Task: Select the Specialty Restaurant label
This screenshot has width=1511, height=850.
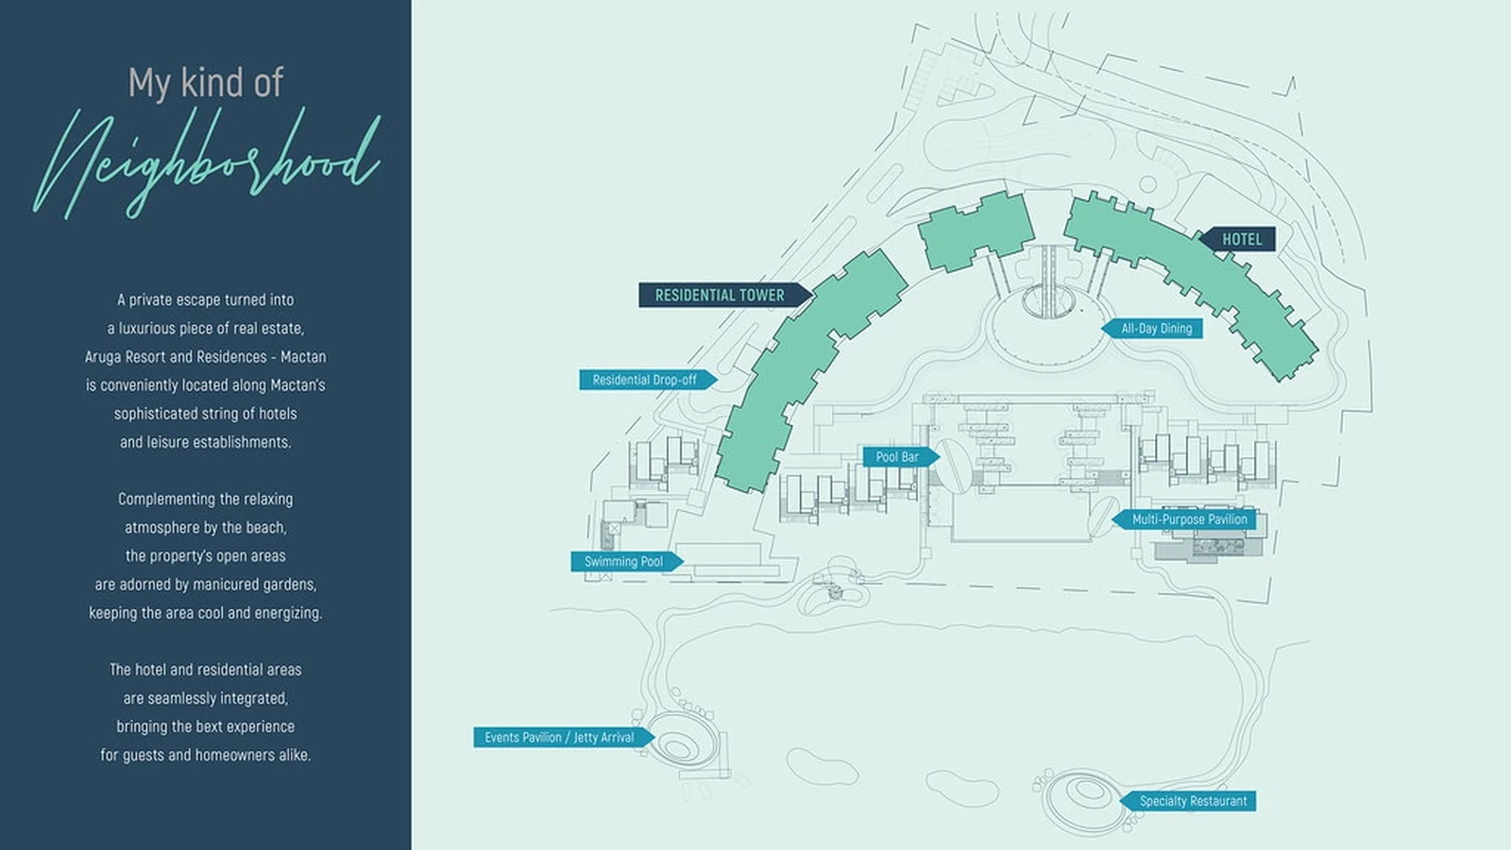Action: [x=1188, y=801]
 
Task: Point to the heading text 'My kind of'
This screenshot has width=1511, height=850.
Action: [x=206, y=82]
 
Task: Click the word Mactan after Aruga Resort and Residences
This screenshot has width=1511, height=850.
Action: [x=303, y=356]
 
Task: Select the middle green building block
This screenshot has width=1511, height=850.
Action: [x=976, y=230]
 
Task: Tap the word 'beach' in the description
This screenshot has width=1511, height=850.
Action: [x=266, y=527]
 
